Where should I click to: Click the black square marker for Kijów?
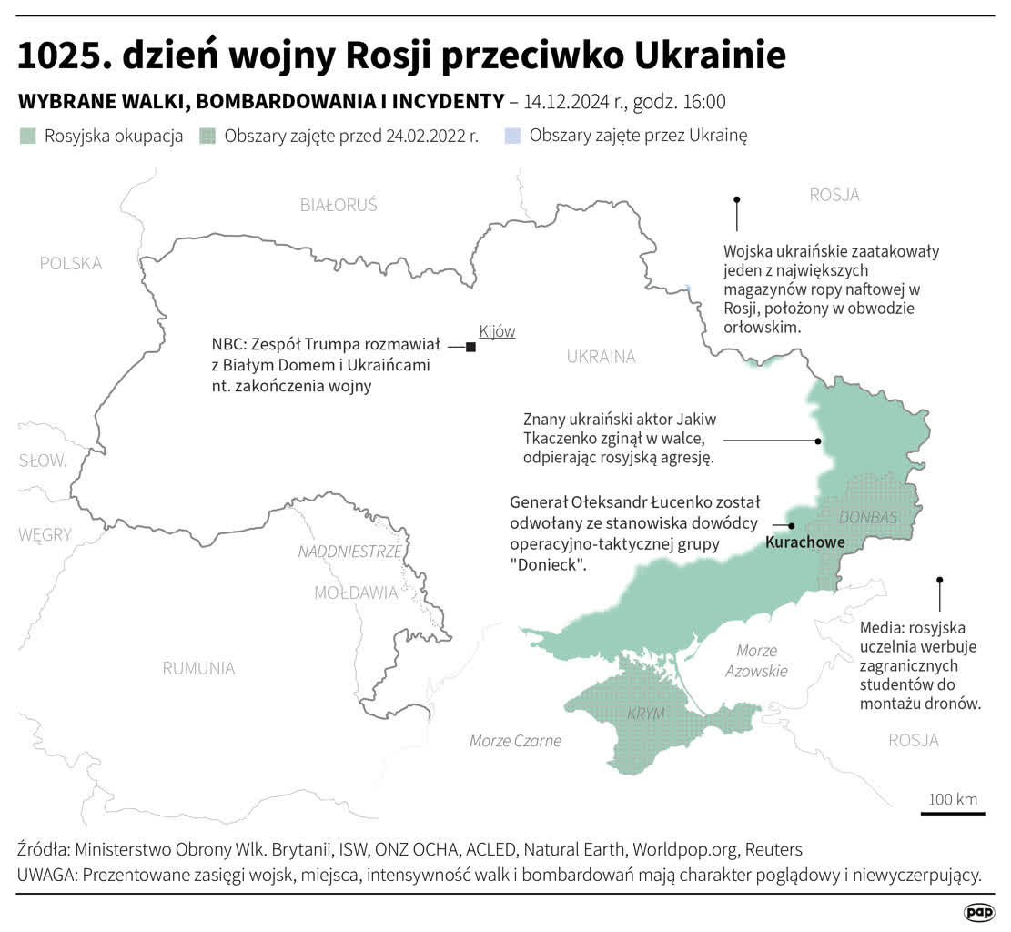click(470, 347)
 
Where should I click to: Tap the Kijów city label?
click(497, 331)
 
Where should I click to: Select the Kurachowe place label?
click(805, 542)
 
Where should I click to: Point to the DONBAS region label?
click(867, 517)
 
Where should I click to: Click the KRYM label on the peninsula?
click(646, 713)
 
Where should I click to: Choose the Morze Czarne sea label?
click(515, 740)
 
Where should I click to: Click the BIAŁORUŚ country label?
click(339, 205)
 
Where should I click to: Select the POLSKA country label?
click(71, 263)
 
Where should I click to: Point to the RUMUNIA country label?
click(198, 668)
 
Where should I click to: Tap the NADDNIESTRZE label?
click(349, 552)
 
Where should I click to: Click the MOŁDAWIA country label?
click(356, 593)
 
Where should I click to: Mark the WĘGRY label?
click(45, 535)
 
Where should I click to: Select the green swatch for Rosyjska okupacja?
click(28, 137)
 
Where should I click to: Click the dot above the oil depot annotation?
click(737, 199)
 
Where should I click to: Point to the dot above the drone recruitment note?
click(939, 580)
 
